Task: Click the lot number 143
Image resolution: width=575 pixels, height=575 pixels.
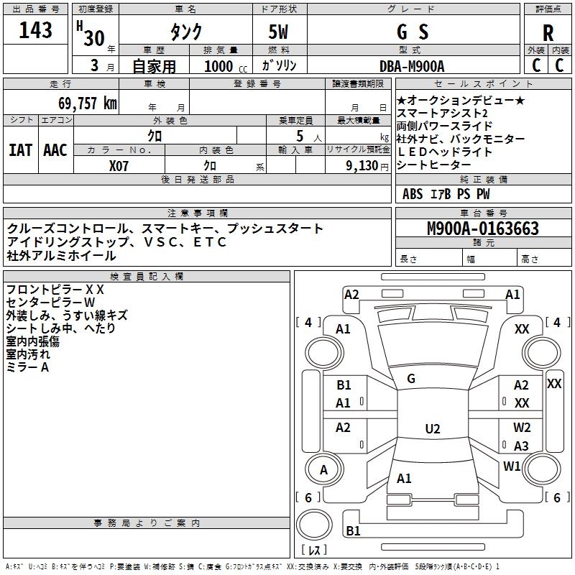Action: [36, 30]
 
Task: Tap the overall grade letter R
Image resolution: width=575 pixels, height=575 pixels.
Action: [548, 33]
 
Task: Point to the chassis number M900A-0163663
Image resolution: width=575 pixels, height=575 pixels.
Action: [483, 229]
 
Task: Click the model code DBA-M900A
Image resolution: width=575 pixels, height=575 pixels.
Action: [412, 65]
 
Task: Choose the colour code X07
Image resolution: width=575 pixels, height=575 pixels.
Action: [119, 165]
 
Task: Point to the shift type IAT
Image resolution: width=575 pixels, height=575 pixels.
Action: [20, 149]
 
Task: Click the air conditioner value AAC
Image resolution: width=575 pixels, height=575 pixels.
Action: [55, 149]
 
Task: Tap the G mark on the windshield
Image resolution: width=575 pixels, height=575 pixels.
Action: [411, 379]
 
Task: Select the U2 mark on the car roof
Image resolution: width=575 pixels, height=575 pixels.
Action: [432, 429]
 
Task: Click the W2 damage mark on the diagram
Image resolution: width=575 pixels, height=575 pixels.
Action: [522, 428]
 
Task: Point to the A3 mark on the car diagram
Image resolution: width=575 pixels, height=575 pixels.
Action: [521, 446]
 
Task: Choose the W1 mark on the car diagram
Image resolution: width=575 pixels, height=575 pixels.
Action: [512, 466]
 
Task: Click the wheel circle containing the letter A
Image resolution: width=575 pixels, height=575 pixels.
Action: [323, 469]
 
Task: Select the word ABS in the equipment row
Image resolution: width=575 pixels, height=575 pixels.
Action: [413, 194]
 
